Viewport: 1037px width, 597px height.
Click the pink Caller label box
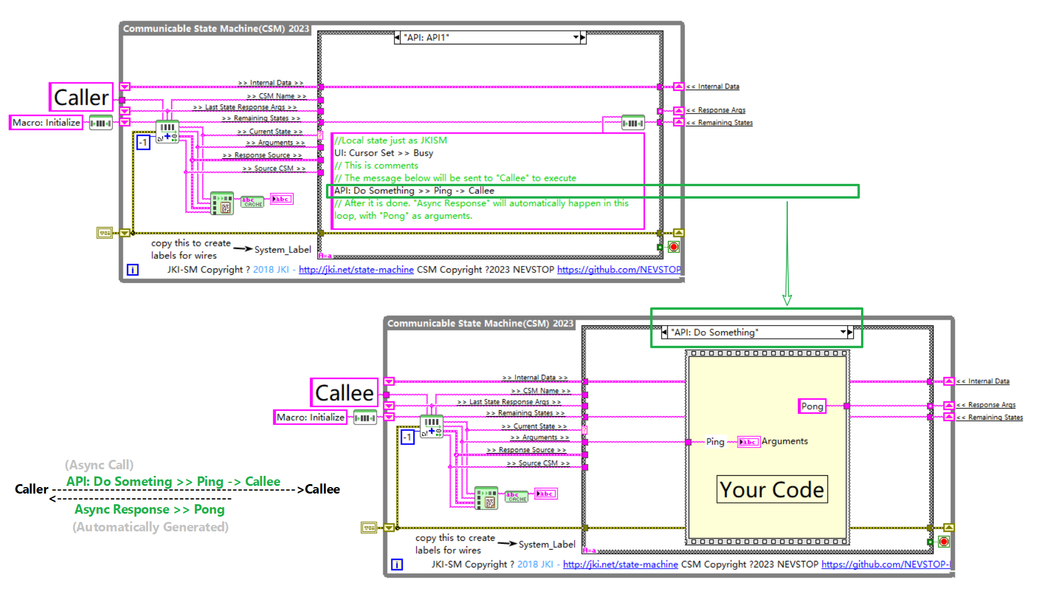click(x=81, y=98)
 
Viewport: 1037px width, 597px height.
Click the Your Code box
click(x=772, y=489)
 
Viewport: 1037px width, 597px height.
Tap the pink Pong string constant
click(x=812, y=406)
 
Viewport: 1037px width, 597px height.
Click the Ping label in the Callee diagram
click(x=715, y=442)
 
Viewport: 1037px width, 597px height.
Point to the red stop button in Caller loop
click(x=674, y=247)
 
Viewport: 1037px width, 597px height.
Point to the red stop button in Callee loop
click(x=944, y=542)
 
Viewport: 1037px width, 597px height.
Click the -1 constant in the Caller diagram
click(x=143, y=142)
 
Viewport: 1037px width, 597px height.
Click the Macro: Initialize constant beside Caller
click(x=46, y=122)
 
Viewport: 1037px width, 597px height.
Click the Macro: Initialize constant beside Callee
click(x=310, y=417)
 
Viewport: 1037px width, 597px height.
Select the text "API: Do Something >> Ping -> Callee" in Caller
click(x=413, y=190)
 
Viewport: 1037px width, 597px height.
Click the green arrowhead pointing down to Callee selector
click(x=787, y=300)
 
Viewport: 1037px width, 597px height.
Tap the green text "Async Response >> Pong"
click(x=149, y=510)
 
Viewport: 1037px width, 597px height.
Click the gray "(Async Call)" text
click(x=99, y=465)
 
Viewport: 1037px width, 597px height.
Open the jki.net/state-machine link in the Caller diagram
click(x=356, y=270)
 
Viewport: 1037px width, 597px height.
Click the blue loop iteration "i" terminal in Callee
click(x=397, y=564)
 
